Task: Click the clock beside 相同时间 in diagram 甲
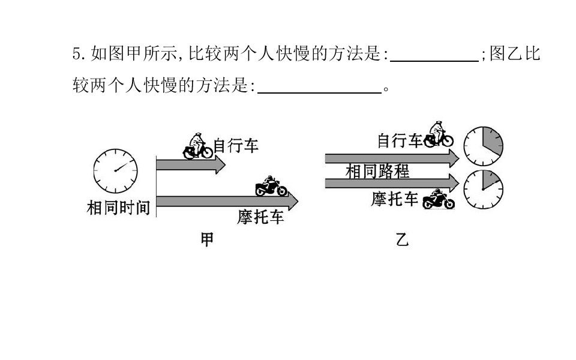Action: [115, 171]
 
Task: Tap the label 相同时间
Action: [118, 208]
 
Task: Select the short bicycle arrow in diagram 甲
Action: [191, 164]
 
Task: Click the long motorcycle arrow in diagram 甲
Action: [227, 202]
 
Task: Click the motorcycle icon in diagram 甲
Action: [271, 186]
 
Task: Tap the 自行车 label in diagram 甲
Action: [236, 145]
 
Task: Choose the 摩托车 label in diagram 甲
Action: [260, 217]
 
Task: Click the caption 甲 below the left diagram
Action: [207, 239]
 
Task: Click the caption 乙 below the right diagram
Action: [402, 239]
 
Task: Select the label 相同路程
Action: [377, 171]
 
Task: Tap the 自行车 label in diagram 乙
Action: [400, 140]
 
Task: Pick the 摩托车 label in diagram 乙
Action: [395, 199]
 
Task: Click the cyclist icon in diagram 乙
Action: [439, 134]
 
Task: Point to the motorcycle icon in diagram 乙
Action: [439, 199]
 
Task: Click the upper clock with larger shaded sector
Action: [483, 146]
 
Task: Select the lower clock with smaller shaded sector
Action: [483, 190]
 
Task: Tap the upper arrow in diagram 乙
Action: [392, 158]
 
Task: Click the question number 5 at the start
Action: [76, 53]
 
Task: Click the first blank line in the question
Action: [434, 61]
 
